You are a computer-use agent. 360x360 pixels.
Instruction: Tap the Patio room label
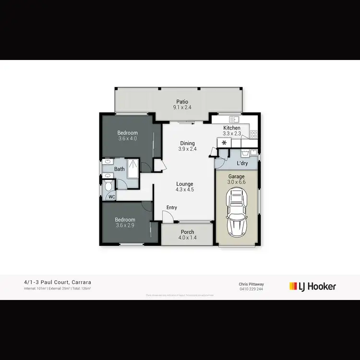click(x=182, y=102)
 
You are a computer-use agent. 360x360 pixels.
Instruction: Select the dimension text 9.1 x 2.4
click(x=182, y=108)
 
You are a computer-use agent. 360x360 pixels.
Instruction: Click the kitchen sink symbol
click(x=234, y=119)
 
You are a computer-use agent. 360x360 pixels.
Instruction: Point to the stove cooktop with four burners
click(x=253, y=134)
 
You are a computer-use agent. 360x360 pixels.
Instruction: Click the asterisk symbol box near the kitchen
click(x=224, y=143)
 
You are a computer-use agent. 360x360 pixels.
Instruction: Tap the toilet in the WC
click(x=108, y=185)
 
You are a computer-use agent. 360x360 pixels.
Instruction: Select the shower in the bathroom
click(x=133, y=168)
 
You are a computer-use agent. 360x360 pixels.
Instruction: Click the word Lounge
click(x=185, y=184)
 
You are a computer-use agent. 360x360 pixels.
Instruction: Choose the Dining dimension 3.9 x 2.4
click(x=187, y=149)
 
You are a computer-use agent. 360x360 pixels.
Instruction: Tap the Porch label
click(x=187, y=232)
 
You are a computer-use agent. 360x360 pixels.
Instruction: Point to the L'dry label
click(x=242, y=164)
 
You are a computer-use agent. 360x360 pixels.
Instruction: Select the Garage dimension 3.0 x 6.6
click(x=236, y=182)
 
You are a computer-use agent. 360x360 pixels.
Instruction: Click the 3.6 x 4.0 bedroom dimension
click(x=128, y=139)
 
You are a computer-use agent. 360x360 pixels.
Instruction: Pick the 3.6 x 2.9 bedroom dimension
click(x=125, y=225)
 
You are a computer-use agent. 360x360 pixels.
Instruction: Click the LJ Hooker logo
click(x=312, y=287)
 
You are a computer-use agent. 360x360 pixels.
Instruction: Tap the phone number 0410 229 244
click(x=250, y=289)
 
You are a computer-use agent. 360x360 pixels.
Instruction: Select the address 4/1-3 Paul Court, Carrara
click(x=58, y=282)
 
